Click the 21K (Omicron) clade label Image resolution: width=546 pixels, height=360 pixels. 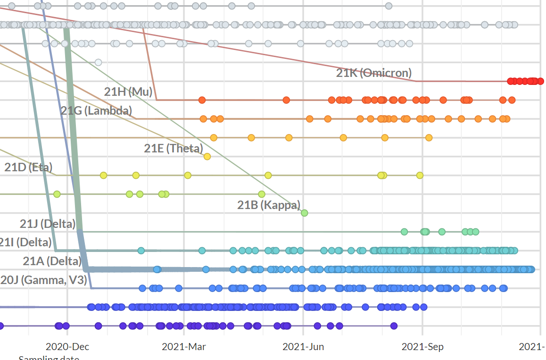[373, 73]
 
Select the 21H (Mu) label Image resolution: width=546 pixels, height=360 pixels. [128, 92]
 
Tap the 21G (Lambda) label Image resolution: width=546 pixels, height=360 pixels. [96, 111]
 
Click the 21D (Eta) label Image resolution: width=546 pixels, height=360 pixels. [28, 167]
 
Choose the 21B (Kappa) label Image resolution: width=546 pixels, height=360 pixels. [268, 205]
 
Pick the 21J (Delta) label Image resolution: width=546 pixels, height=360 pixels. [48, 224]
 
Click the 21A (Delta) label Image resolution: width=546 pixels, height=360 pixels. [52, 261]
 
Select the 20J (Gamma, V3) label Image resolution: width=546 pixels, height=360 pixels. [43, 280]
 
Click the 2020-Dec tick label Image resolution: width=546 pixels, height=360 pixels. [67, 347]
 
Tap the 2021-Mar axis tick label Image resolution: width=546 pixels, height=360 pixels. [184, 347]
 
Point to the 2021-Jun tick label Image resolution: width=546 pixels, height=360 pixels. [303, 347]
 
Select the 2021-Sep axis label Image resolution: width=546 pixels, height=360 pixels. [422, 347]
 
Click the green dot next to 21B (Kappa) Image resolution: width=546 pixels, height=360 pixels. [304, 213]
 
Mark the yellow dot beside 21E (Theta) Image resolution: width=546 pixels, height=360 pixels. [207, 156]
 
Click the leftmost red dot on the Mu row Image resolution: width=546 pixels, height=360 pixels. [202, 100]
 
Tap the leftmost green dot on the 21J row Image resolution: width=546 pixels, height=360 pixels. [404, 232]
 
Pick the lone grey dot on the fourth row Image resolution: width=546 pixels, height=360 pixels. [98, 62]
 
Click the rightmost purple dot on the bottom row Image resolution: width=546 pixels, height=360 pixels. [394, 326]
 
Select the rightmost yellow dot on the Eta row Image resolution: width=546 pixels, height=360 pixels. [420, 176]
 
